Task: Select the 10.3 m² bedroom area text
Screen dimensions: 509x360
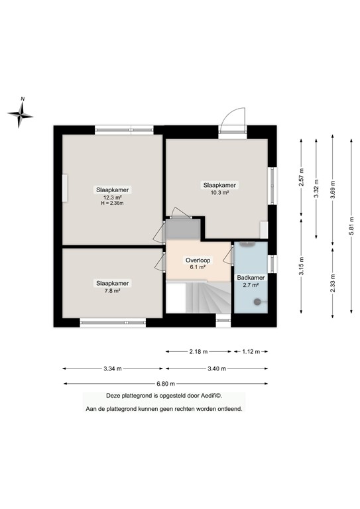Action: pyautogui.click(x=219, y=192)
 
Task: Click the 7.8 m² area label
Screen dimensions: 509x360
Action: pyautogui.click(x=112, y=290)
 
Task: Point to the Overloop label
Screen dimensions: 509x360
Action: pyautogui.click(x=198, y=260)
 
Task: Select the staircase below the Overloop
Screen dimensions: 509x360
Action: pyautogui.click(x=198, y=296)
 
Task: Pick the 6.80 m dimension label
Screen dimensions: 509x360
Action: pyautogui.click(x=166, y=384)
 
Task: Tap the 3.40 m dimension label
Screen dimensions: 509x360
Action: pyautogui.click(x=217, y=368)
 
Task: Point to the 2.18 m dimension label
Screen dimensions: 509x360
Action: pyautogui.click(x=198, y=352)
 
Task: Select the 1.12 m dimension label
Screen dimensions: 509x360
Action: pyautogui.click(x=250, y=352)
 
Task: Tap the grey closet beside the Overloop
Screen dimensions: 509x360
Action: pyautogui.click(x=181, y=228)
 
